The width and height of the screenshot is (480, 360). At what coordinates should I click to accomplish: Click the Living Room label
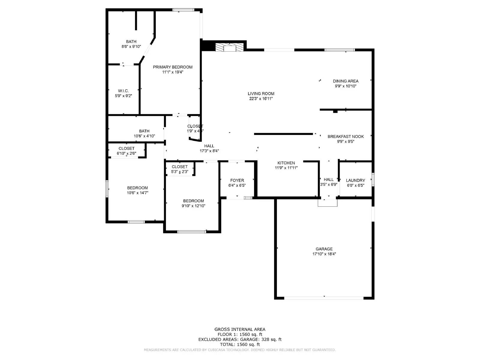(x=261, y=94)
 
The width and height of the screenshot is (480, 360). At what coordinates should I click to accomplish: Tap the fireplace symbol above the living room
(x=230, y=47)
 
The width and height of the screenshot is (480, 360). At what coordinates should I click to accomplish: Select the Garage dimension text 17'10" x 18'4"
(x=324, y=254)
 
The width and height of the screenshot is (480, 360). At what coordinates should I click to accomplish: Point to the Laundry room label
(x=355, y=180)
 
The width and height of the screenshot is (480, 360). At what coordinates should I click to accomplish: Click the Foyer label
(x=237, y=180)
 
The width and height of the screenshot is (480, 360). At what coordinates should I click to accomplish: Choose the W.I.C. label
(x=123, y=91)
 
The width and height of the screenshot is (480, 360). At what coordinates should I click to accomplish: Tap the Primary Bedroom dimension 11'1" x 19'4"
(x=172, y=72)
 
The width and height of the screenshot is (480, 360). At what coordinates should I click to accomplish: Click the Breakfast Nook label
(x=346, y=136)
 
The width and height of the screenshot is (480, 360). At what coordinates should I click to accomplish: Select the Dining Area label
(x=346, y=81)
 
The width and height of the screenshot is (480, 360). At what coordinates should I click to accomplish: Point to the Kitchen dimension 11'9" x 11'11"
(x=286, y=168)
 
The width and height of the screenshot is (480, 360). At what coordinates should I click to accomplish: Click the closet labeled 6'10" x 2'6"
(x=126, y=151)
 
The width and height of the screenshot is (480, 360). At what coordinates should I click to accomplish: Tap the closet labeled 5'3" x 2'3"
(x=179, y=169)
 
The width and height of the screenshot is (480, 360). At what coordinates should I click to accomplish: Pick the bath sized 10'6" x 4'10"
(x=144, y=133)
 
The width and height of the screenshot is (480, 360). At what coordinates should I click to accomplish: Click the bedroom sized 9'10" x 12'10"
(x=193, y=203)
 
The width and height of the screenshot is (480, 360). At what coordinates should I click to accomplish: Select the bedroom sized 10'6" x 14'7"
(x=137, y=190)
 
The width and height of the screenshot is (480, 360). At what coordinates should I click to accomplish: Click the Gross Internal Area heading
(x=240, y=329)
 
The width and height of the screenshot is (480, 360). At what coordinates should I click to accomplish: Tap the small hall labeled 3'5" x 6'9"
(x=328, y=182)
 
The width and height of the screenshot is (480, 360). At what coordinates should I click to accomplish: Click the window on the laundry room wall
(x=373, y=179)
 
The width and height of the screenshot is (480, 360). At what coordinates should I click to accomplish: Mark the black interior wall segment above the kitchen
(x=283, y=134)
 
